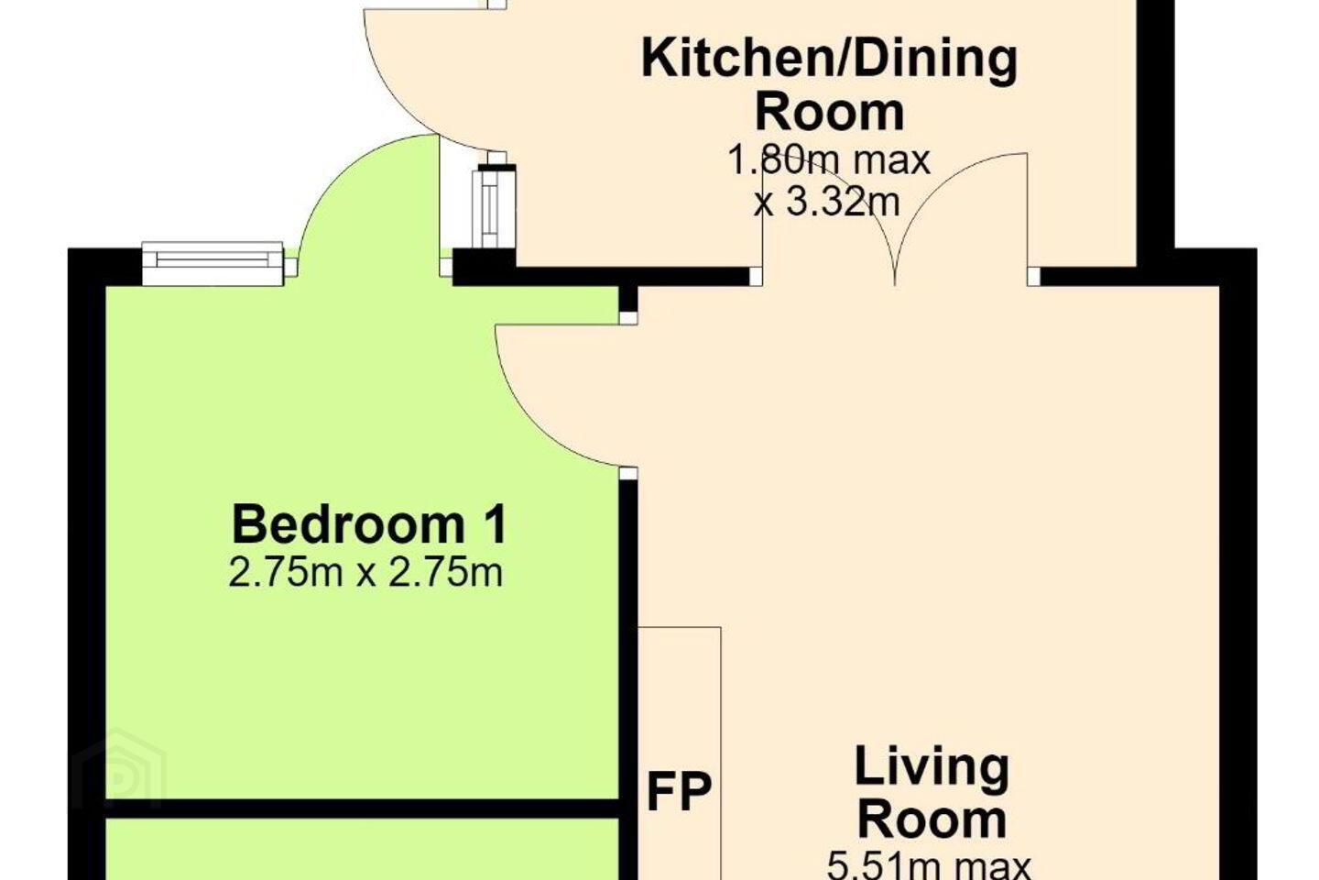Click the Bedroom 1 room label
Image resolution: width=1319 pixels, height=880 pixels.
(x=369, y=524)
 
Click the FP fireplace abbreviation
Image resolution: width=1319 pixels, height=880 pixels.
(x=680, y=793)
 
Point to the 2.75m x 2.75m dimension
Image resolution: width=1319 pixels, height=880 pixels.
(x=365, y=573)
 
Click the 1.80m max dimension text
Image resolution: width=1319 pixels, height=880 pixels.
(x=829, y=159)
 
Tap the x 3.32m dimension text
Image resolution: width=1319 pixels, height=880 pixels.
(x=827, y=203)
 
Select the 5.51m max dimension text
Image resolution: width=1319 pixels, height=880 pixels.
(x=929, y=866)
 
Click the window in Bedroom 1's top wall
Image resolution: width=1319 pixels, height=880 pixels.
(x=213, y=263)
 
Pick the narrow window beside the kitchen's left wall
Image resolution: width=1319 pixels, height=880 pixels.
(x=495, y=207)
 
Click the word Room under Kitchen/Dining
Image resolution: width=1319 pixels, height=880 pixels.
(x=830, y=112)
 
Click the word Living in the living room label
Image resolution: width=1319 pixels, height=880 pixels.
(x=932, y=767)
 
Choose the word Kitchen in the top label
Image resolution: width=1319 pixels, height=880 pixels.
(x=737, y=59)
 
